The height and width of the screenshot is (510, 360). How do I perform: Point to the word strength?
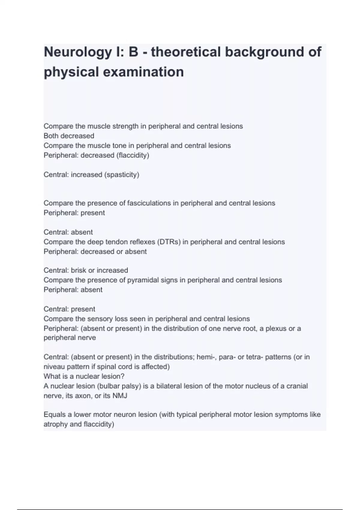pyautogui.click(x=125, y=126)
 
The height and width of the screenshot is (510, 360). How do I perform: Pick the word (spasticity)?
pyautogui.click(x=121, y=175)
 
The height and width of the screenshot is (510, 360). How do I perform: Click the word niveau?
pyautogui.click(x=53, y=367)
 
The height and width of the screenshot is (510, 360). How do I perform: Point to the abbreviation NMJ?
pyautogui.click(x=120, y=396)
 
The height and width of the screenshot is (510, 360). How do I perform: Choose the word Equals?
pyautogui.click(x=54, y=415)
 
